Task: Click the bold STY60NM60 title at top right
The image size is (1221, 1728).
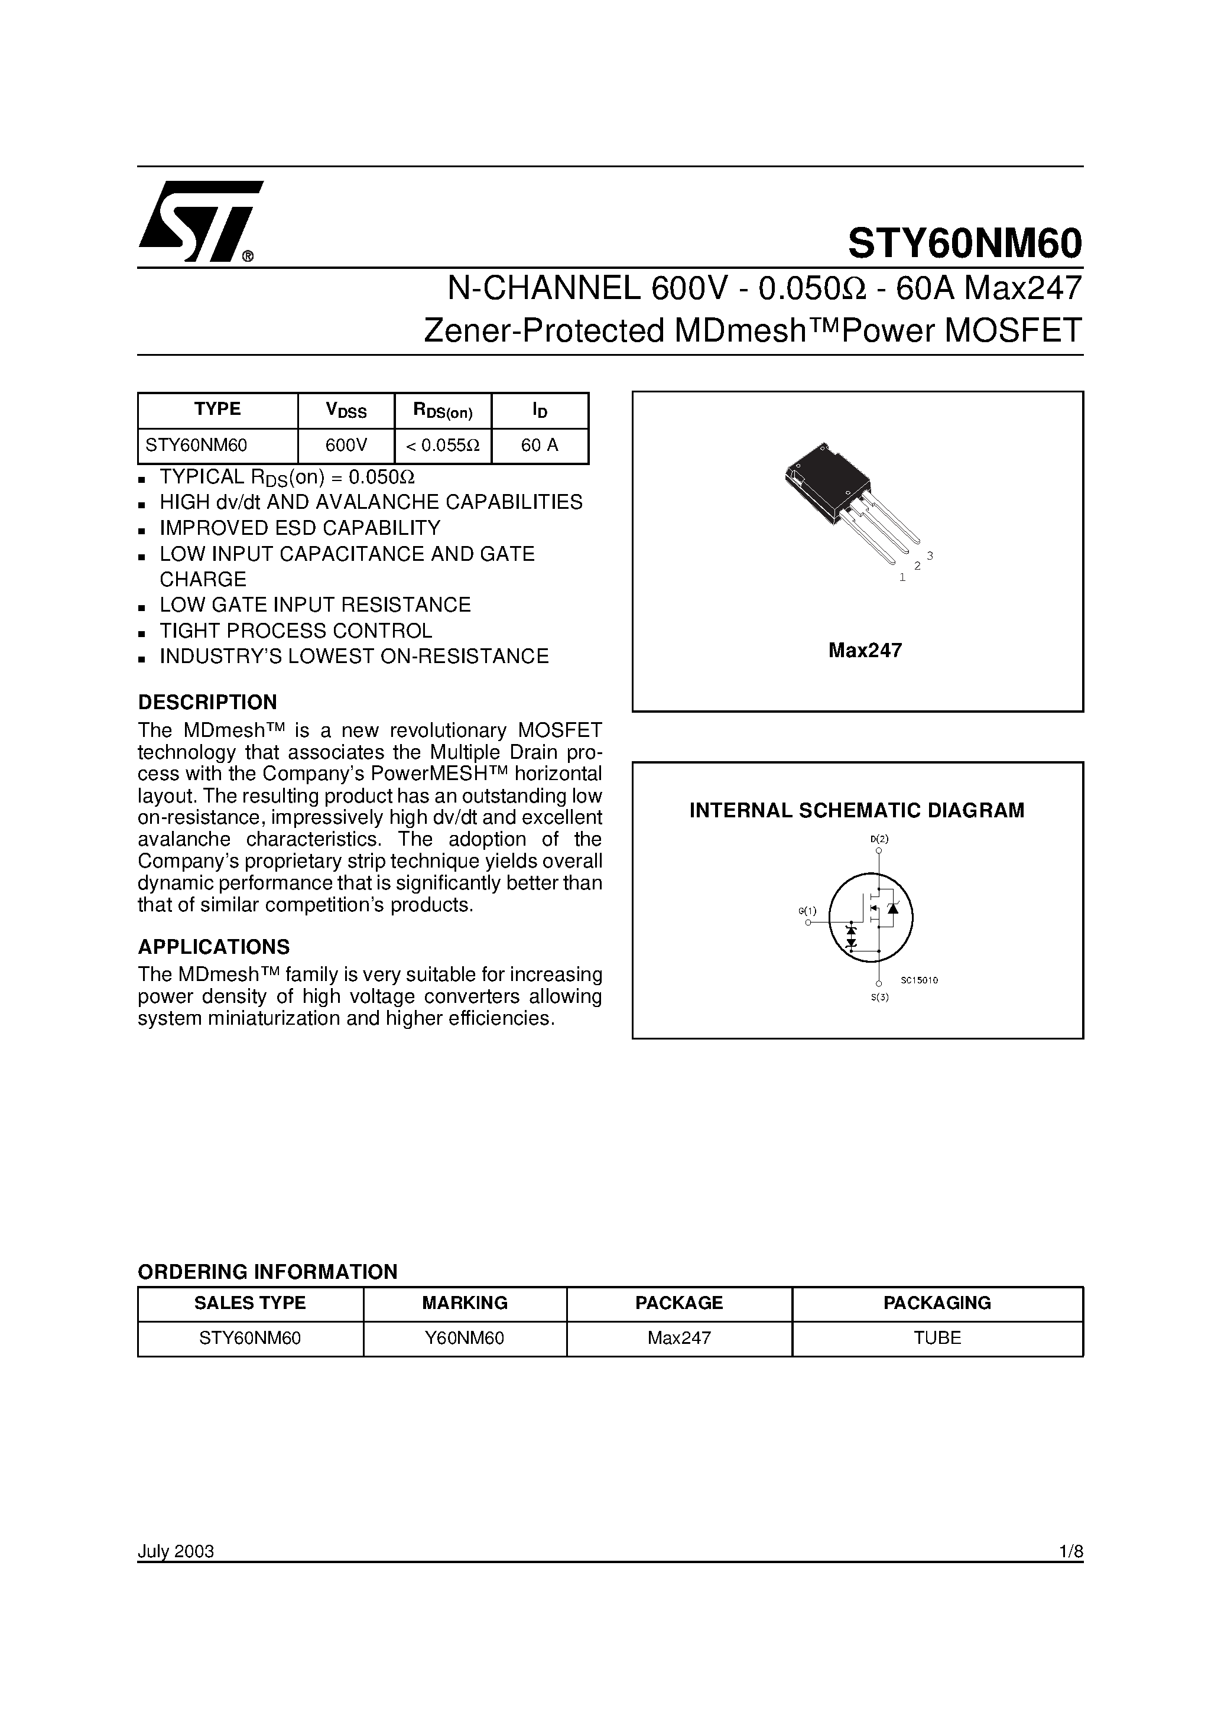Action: [965, 243]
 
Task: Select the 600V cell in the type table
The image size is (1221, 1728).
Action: [346, 446]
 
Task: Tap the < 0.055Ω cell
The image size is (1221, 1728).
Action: [443, 446]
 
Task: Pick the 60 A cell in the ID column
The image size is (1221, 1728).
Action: [540, 446]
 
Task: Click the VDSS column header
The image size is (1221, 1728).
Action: [346, 410]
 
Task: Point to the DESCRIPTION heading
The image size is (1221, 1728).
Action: [207, 702]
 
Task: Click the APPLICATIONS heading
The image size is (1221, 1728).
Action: [213, 947]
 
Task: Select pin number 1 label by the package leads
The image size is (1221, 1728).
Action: [902, 578]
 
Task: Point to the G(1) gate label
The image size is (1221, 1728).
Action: [807, 911]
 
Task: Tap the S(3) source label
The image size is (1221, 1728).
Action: [879, 998]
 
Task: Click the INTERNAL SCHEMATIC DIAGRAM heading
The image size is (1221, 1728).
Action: [857, 811]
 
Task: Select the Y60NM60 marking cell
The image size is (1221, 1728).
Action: [465, 1338]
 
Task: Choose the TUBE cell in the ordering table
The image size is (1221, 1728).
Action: [937, 1338]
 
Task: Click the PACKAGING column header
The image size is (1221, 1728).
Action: [937, 1303]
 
